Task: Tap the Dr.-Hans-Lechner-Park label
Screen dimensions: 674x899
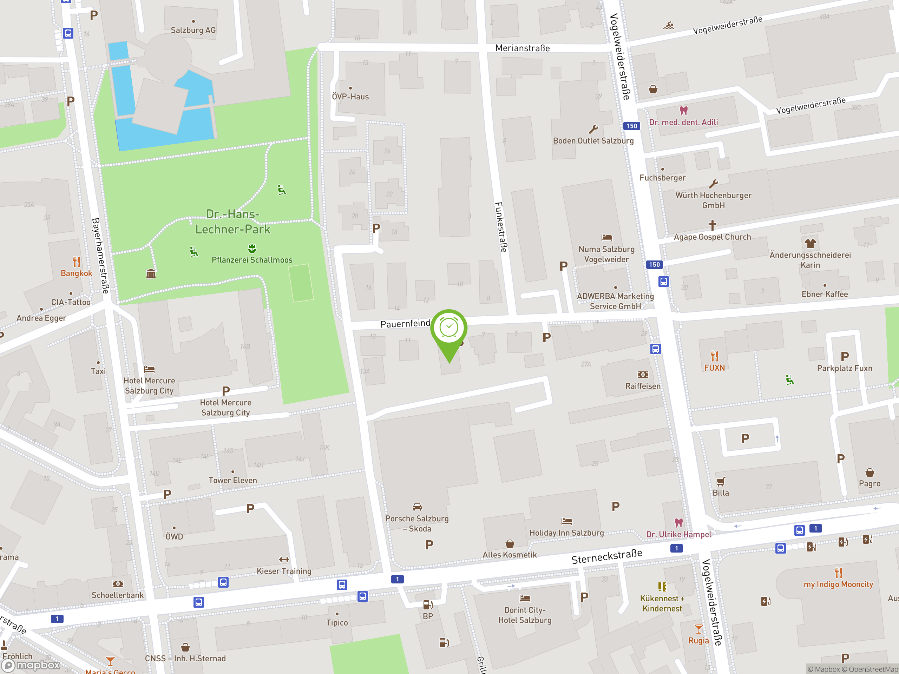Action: pos(232,222)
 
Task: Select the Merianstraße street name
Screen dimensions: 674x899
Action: pos(522,48)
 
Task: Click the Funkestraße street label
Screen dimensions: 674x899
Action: pos(501,227)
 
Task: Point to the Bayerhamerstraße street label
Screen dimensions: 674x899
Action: pos(100,256)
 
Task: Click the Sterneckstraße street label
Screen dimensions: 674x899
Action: pos(606,556)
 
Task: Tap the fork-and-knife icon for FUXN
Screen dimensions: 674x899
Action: pos(714,356)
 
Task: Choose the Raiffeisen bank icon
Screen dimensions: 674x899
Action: pos(643,375)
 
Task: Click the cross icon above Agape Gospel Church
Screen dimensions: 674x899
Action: pos(712,225)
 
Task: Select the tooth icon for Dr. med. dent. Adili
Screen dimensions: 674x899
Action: pos(684,111)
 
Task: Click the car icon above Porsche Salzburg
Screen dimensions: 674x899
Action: pos(417,507)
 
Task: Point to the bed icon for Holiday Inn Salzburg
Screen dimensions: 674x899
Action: pos(566,521)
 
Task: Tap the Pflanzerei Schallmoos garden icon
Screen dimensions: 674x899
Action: pos(252,248)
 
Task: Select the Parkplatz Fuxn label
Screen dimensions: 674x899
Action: pos(845,368)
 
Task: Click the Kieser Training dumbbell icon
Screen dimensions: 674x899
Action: pos(284,560)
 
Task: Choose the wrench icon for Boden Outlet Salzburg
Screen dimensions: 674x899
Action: pos(593,130)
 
